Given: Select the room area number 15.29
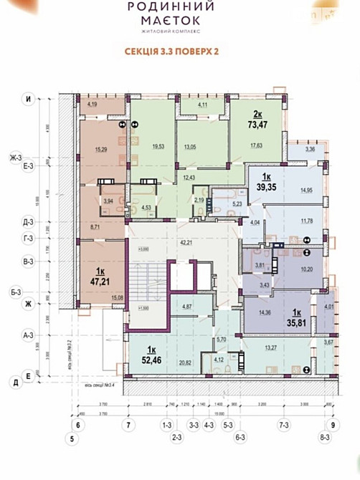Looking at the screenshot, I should coord(100,150).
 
